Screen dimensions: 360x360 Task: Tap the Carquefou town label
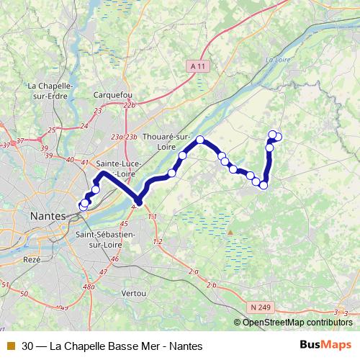point(113,94)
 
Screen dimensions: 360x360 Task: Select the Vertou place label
point(135,294)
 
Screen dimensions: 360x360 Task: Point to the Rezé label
point(32,258)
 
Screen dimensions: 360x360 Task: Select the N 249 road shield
point(263,307)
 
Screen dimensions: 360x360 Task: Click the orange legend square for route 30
point(9,346)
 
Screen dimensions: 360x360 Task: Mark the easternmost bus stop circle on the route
point(278,137)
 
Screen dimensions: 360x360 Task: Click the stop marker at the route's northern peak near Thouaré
point(200,140)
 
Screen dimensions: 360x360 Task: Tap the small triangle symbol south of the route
point(230,233)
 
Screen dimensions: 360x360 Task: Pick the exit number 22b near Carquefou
point(130,105)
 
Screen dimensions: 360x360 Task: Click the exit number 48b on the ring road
point(89,287)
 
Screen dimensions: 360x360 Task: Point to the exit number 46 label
point(114,258)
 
